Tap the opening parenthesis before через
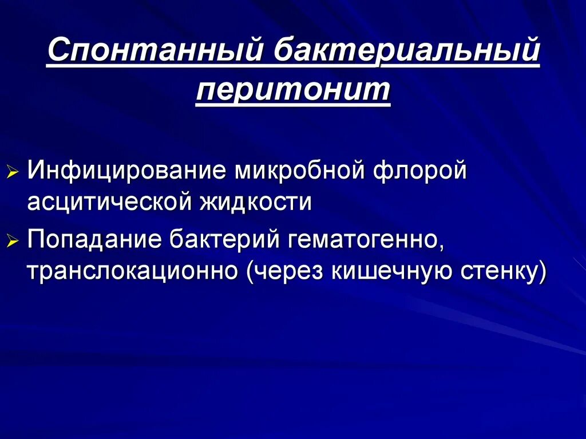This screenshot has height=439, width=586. click(251, 273)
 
